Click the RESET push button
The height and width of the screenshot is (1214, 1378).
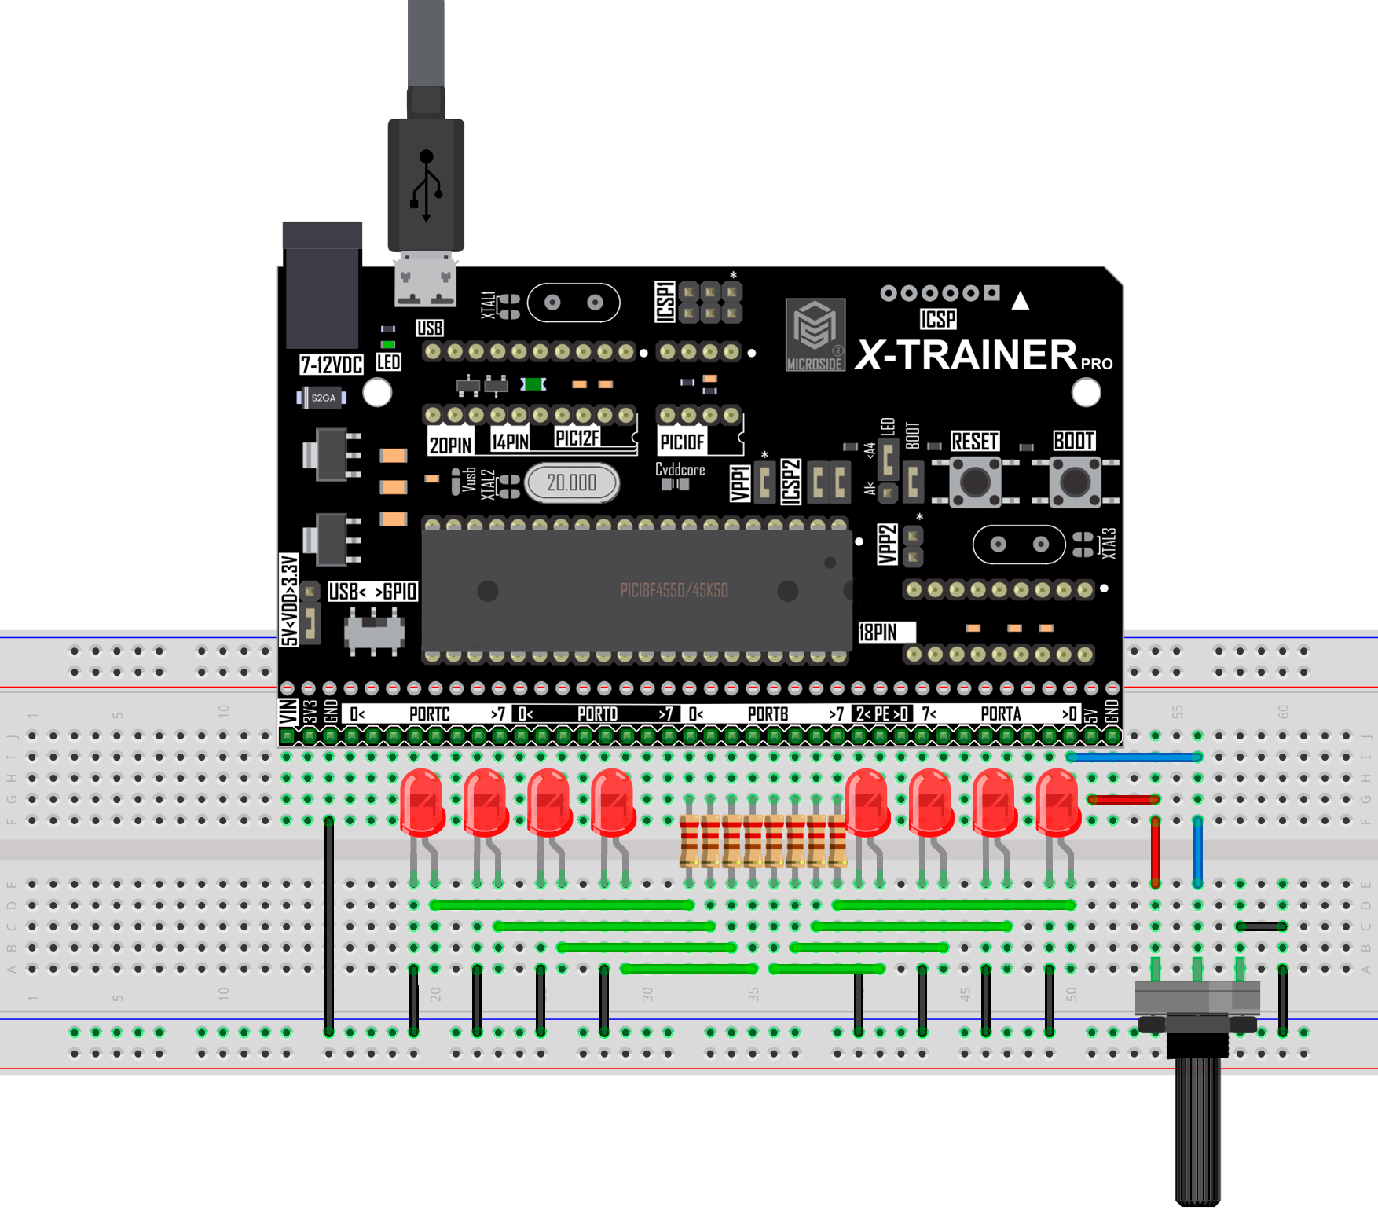click(x=975, y=481)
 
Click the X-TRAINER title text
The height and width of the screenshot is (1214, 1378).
click(x=966, y=355)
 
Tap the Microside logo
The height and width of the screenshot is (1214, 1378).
click(x=815, y=334)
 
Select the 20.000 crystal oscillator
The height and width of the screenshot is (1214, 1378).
click(x=571, y=482)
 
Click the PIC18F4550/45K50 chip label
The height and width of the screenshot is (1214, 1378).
click(x=674, y=590)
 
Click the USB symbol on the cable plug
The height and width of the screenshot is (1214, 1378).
click(x=426, y=185)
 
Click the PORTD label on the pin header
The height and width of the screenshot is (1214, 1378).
click(x=597, y=713)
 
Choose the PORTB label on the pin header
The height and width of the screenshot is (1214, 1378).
click(x=768, y=713)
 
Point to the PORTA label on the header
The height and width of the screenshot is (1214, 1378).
click(x=1000, y=713)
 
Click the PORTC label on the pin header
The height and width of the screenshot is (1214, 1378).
click(x=429, y=713)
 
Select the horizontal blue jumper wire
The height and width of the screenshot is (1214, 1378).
click(x=1133, y=757)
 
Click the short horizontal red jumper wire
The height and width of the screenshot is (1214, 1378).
click(x=1123, y=799)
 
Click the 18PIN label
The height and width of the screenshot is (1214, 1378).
click(x=878, y=633)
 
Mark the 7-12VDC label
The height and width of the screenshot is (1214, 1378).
click(x=332, y=365)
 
